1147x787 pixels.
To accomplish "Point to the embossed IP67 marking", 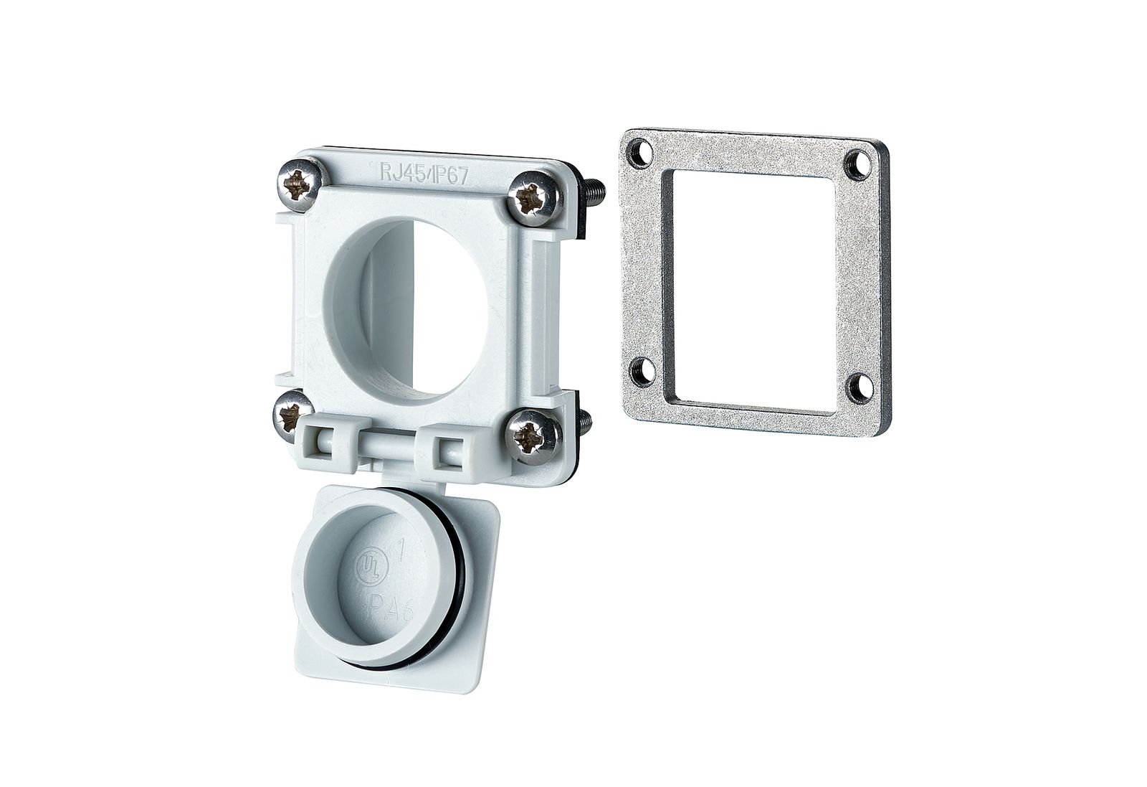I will pyautogui.click(x=450, y=176).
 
